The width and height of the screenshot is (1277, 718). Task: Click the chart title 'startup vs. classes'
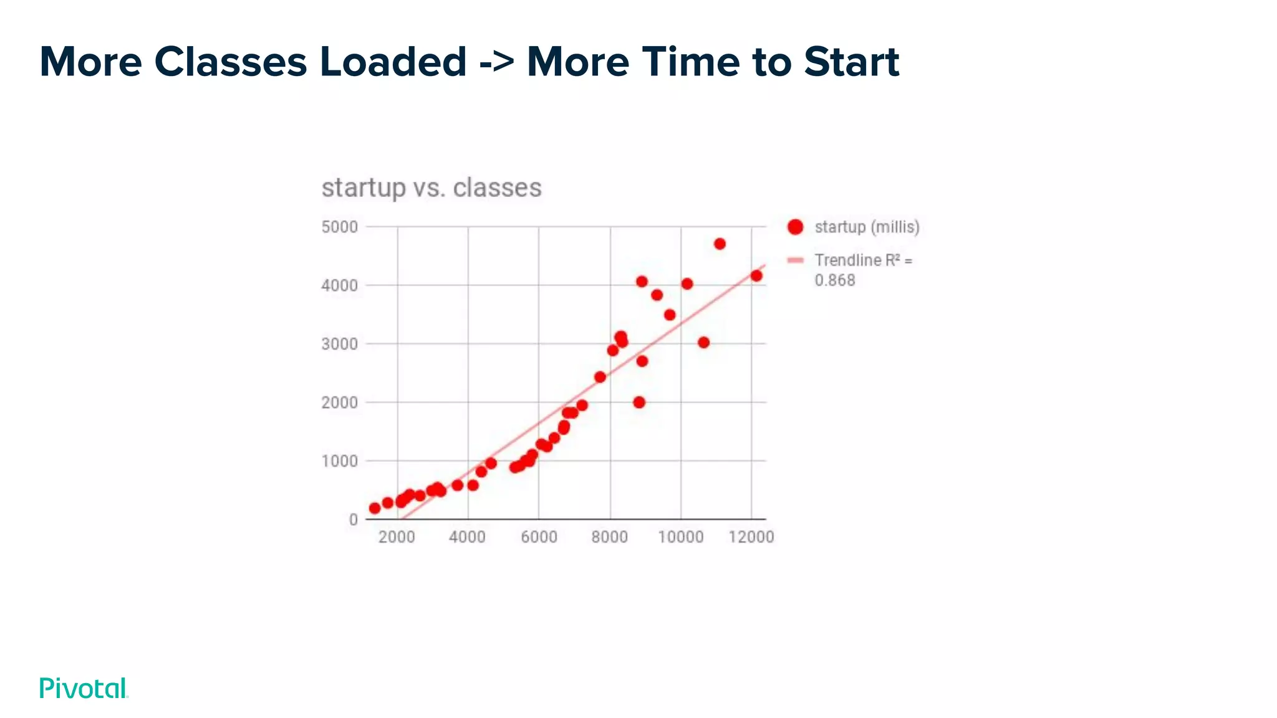[x=431, y=188]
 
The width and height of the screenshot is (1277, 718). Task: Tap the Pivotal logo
[x=84, y=688]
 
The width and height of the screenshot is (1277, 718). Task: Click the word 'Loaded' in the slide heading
[x=393, y=62]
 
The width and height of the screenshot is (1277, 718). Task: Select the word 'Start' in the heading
[x=851, y=62]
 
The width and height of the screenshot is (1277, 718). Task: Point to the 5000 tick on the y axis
[x=340, y=227]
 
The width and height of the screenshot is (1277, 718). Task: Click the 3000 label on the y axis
[x=340, y=344]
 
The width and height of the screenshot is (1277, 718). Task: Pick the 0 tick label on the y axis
[x=354, y=520]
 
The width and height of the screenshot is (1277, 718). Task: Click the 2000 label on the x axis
[x=397, y=537]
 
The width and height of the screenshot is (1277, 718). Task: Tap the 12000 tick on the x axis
[x=751, y=537]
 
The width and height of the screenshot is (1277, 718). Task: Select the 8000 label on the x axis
[x=609, y=537]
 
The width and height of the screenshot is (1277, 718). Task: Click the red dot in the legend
[x=795, y=227]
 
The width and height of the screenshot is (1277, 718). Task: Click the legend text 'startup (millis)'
[x=867, y=227]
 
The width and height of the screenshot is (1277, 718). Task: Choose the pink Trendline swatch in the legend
[x=795, y=261]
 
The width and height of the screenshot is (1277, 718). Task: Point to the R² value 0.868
[x=835, y=280]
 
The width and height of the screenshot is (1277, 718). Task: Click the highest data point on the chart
[x=720, y=244]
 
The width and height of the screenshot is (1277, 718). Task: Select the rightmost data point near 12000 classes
[x=756, y=275]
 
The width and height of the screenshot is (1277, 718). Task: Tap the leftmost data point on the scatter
[x=375, y=508]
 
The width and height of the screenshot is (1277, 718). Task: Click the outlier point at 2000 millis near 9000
[x=639, y=402]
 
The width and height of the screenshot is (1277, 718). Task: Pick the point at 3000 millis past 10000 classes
[x=703, y=342]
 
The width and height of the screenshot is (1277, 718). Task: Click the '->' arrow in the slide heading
[x=497, y=62]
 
